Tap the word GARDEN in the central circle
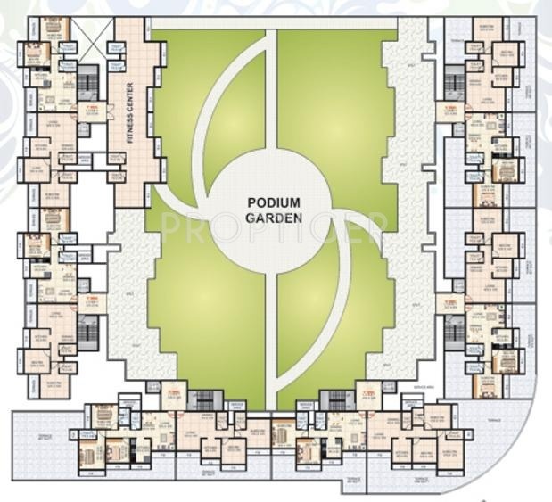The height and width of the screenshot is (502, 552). tap(275, 217)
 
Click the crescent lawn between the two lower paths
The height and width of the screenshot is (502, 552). tap(303, 321)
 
